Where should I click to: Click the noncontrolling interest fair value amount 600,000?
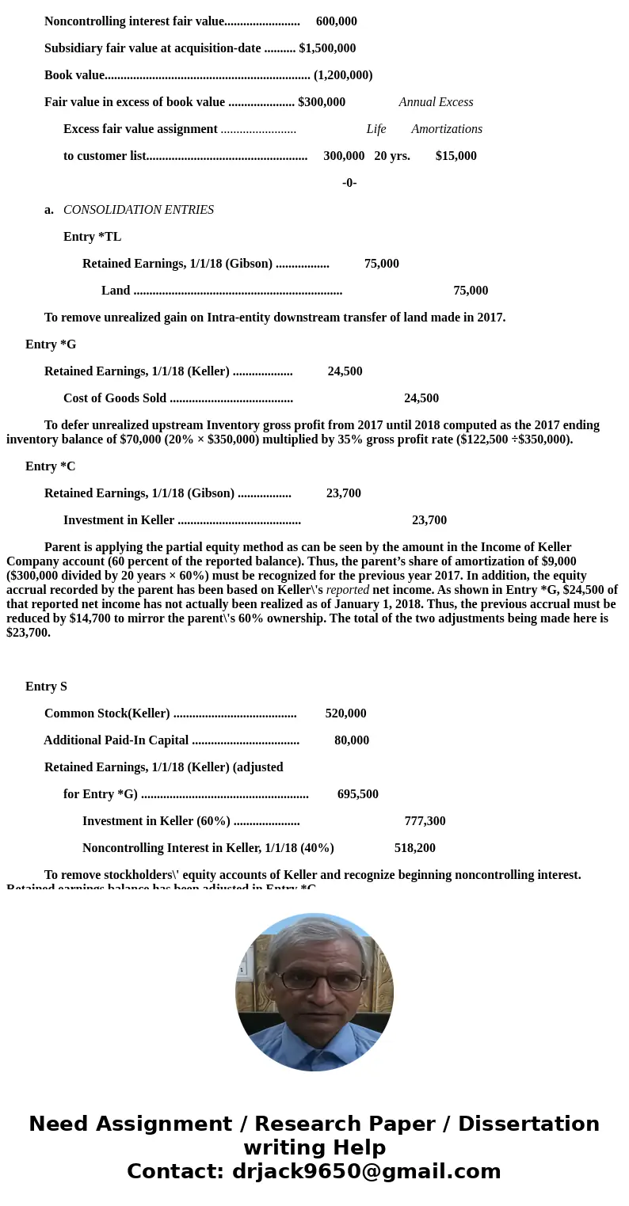pyautogui.click(x=336, y=21)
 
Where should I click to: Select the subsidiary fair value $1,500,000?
pyautogui.click(x=327, y=48)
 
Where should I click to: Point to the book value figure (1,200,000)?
pyautogui.click(x=343, y=75)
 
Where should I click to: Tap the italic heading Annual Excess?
pyautogui.click(x=436, y=102)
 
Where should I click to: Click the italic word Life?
pyautogui.click(x=376, y=129)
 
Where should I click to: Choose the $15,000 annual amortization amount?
pyautogui.click(x=456, y=156)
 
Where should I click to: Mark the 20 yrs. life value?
pyautogui.click(x=392, y=156)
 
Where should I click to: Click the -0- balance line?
pyautogui.click(x=349, y=183)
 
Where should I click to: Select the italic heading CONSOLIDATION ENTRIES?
pyautogui.click(x=139, y=210)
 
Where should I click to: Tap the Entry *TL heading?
pyautogui.click(x=92, y=237)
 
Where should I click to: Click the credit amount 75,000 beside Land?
pyautogui.click(x=471, y=291)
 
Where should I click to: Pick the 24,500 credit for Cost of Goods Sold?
pyautogui.click(x=421, y=398)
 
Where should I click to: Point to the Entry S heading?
pyautogui.click(x=46, y=687)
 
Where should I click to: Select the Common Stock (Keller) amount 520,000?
pyautogui.click(x=345, y=713)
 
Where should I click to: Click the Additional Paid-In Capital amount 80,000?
pyautogui.click(x=352, y=740)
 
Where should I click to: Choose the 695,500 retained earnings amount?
pyautogui.click(x=358, y=794)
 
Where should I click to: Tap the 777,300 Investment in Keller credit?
pyautogui.click(x=425, y=821)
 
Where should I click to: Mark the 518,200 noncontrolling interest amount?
pyautogui.click(x=415, y=848)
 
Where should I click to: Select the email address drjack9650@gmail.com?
pyautogui.click(x=366, y=1172)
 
